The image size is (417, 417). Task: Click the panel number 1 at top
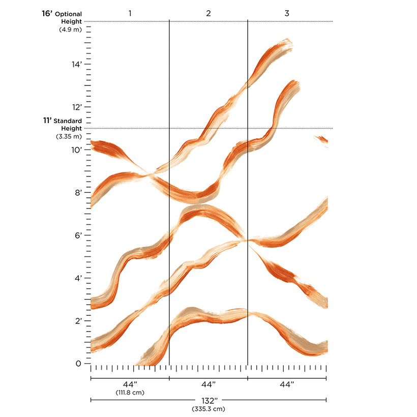tap(130, 13)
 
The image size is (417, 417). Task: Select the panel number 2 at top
tap(208, 13)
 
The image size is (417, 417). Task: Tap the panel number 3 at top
tap(287, 13)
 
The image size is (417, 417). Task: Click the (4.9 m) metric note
tap(69, 29)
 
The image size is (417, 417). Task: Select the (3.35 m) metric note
tap(68, 136)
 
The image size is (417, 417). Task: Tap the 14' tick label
tap(76, 65)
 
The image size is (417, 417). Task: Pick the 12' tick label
tap(76, 107)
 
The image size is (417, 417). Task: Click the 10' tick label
tap(76, 150)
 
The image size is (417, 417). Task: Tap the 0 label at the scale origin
tap(78, 364)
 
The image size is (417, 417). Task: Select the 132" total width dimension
tap(208, 400)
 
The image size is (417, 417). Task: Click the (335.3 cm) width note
tap(208, 408)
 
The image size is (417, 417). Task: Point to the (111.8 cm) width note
tap(130, 393)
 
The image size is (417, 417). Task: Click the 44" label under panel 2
tap(208, 385)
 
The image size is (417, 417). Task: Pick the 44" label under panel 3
tap(287, 385)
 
